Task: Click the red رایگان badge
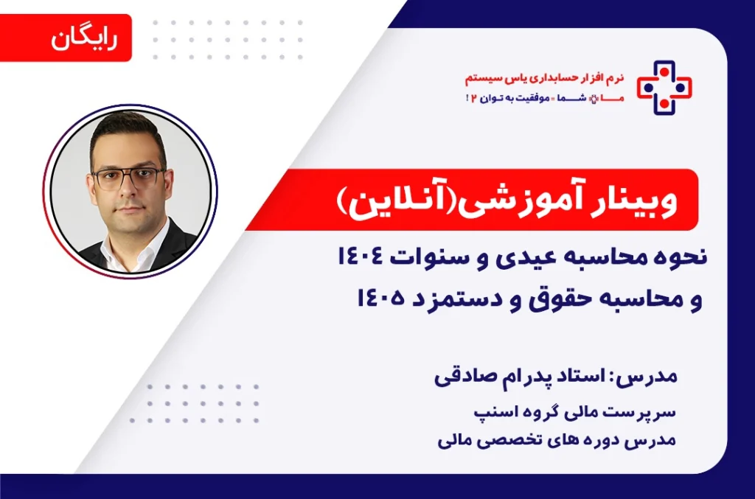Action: point(66,38)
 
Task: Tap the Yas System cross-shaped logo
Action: point(664,88)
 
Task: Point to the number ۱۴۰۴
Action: point(360,257)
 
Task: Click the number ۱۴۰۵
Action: point(380,299)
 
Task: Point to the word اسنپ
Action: point(490,413)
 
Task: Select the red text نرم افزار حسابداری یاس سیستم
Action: point(545,78)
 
